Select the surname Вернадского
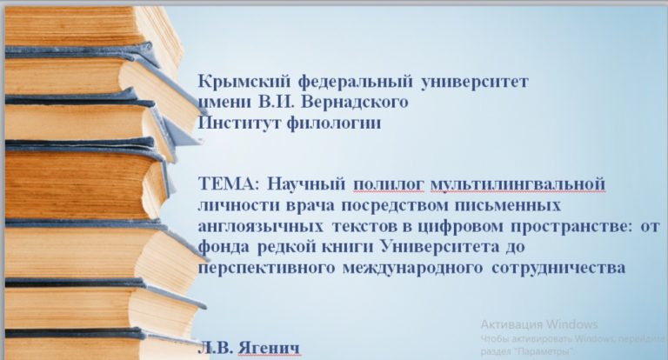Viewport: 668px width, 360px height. tap(359, 102)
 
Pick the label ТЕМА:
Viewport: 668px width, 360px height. tap(228, 183)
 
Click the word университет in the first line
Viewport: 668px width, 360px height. tap(474, 83)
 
